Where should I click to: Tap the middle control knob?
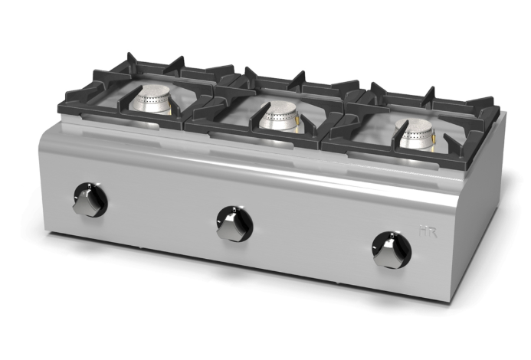[x=231, y=227]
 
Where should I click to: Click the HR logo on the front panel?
[x=428, y=232]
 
